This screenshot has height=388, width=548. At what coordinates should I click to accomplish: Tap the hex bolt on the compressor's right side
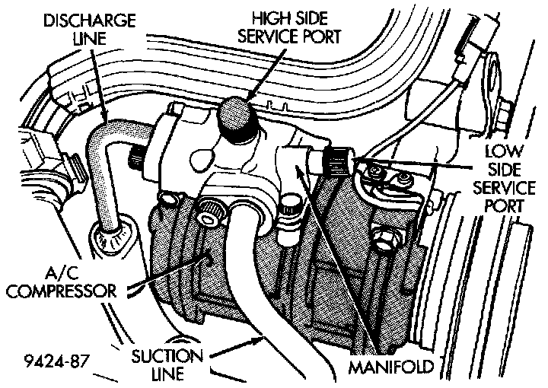point(384,239)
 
